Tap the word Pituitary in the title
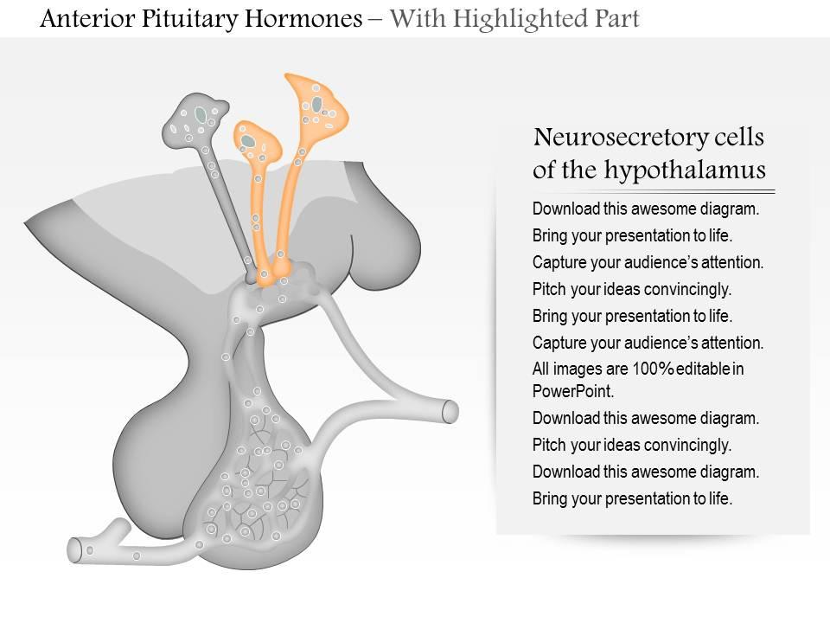click(x=188, y=20)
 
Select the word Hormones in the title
click(x=303, y=18)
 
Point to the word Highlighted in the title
click(x=512, y=20)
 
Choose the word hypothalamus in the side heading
click(x=685, y=170)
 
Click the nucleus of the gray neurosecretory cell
click(x=201, y=113)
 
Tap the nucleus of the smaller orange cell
click(x=248, y=141)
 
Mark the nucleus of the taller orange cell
click(x=316, y=105)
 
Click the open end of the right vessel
click(x=450, y=412)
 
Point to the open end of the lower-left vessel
click(x=73, y=550)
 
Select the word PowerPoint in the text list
click(x=573, y=391)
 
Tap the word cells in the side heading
click(x=739, y=138)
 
